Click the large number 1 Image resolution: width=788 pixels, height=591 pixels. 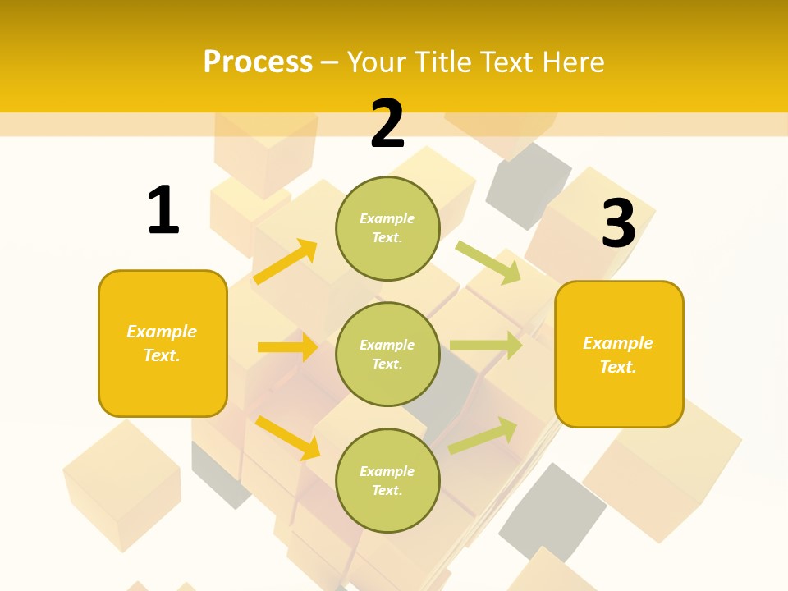(163, 211)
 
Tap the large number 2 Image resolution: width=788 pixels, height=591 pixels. (387, 124)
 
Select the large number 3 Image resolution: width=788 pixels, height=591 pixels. (619, 224)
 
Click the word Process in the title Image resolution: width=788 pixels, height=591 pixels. (258, 62)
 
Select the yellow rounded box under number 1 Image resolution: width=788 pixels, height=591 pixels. (163, 343)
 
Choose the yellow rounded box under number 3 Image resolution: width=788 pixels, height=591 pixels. (619, 355)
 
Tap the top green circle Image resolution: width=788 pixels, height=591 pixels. (387, 227)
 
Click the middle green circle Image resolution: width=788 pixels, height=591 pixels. (387, 354)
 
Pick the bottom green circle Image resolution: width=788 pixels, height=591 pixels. (387, 480)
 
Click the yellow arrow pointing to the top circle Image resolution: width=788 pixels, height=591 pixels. (286, 262)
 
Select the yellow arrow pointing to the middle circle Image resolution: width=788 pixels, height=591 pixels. (287, 347)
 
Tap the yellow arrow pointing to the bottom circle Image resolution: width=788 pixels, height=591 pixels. (287, 436)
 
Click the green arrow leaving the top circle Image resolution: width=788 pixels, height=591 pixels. (489, 262)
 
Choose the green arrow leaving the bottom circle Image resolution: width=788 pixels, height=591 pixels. (483, 435)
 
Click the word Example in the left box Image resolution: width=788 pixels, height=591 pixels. (162, 332)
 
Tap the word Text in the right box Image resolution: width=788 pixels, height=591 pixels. (617, 367)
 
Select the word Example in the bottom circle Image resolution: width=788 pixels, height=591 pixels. (387, 471)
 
